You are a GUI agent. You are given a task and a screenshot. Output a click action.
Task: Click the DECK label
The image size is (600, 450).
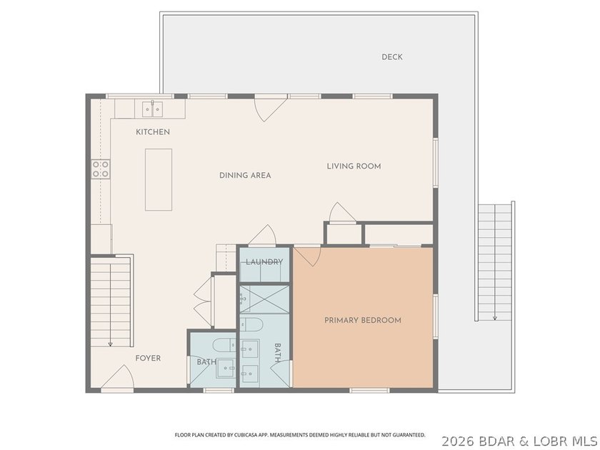[x=392, y=57]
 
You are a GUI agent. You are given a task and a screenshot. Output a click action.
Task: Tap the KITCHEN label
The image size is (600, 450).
[x=153, y=132]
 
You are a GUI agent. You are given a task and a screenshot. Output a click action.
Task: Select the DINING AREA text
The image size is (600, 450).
[x=245, y=175]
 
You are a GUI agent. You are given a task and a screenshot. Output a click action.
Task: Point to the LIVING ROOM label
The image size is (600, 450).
[x=354, y=166]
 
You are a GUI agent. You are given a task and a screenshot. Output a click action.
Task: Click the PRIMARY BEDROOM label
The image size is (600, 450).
[x=363, y=320]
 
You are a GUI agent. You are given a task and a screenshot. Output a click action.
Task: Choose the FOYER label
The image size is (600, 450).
[x=148, y=358]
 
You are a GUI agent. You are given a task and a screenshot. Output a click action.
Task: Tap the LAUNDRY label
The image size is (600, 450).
[x=264, y=262]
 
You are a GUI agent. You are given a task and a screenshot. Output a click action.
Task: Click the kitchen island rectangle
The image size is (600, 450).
[x=159, y=180]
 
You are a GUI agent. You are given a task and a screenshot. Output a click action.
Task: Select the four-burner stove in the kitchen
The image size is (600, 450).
[x=101, y=169]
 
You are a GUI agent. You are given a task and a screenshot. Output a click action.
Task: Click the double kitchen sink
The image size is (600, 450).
[x=152, y=109]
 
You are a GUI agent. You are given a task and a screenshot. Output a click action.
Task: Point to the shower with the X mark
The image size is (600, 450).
[x=264, y=299]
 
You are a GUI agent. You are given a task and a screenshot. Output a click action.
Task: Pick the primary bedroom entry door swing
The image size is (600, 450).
[x=307, y=256]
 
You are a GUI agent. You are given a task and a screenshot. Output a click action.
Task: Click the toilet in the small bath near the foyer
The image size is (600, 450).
[x=224, y=345]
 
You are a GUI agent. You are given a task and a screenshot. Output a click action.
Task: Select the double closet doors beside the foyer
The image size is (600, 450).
[x=203, y=302]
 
